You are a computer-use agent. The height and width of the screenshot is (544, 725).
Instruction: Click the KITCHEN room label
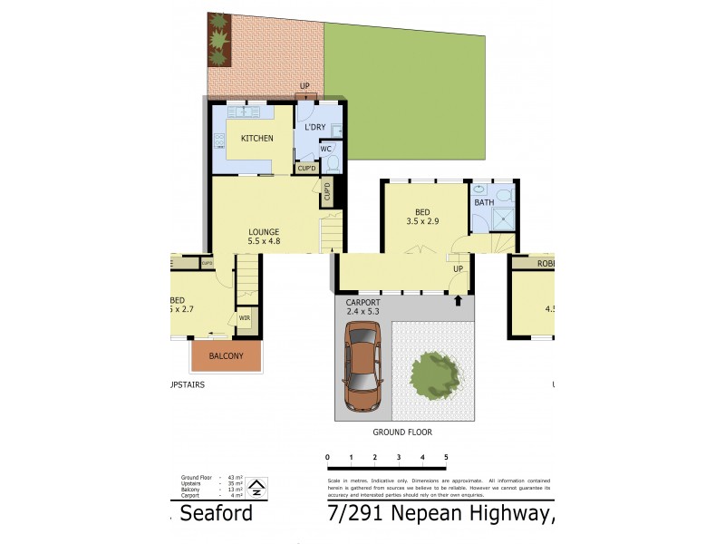(256, 138)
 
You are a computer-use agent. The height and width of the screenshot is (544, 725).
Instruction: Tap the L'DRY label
(314, 127)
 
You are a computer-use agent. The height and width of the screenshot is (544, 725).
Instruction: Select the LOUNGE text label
(264, 231)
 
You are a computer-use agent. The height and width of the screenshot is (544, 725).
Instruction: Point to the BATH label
(484, 202)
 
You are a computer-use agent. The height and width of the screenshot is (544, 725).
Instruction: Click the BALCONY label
(226, 356)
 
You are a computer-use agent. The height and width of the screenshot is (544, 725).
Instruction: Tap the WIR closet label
(245, 317)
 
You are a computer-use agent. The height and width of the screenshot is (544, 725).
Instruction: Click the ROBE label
(546, 263)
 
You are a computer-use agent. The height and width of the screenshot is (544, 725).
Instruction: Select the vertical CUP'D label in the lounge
(327, 191)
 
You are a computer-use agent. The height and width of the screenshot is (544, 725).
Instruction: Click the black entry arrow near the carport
(458, 299)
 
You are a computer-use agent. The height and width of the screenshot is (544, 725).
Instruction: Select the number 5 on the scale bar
(445, 457)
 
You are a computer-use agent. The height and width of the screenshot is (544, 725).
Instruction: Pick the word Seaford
(216, 515)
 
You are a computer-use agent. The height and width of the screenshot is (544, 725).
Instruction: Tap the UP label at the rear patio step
(304, 86)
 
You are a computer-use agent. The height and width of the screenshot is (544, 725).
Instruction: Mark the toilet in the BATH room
(505, 194)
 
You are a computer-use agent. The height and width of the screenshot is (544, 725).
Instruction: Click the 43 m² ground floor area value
(233, 477)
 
